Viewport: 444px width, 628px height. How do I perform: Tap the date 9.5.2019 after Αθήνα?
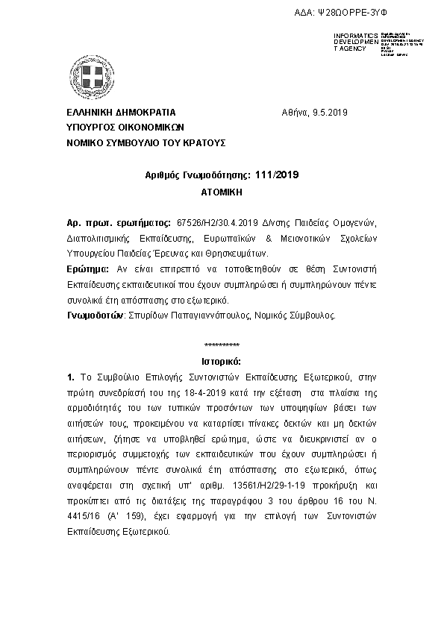pos(330,113)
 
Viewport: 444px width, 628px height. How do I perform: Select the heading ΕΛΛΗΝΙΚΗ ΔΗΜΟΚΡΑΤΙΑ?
pos(121,113)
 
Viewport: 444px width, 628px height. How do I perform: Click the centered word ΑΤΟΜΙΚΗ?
pos(222,192)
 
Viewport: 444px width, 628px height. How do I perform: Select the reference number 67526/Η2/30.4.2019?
pos(216,223)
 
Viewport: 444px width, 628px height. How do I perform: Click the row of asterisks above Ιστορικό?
pos(222,345)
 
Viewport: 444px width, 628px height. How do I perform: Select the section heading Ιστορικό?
pos(222,361)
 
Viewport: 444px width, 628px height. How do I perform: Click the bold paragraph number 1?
pos(70,378)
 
